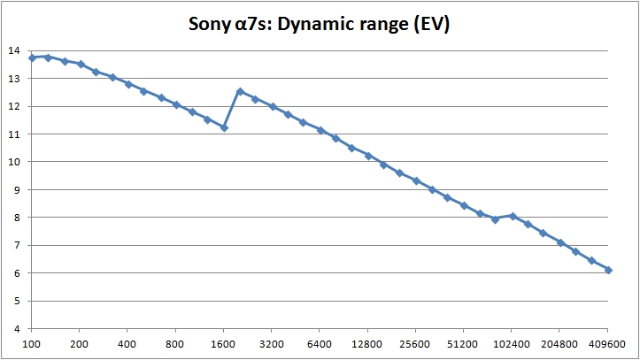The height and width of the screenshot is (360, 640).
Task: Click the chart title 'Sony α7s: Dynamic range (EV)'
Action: pyautogui.click(x=319, y=24)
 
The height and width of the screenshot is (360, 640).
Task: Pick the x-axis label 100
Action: pyautogui.click(x=32, y=345)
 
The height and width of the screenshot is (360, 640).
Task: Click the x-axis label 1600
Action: pyautogui.click(x=224, y=345)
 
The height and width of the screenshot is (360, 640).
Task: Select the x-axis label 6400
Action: pyautogui.click(x=320, y=345)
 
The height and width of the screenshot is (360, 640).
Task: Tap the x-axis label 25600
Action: pyautogui.click(x=416, y=345)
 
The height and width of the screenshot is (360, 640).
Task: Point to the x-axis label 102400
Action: pyautogui.click(x=513, y=345)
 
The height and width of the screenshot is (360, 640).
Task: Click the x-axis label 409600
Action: pyautogui.click(x=608, y=345)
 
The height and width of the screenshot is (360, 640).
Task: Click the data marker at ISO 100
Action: pyautogui.click(x=32, y=57)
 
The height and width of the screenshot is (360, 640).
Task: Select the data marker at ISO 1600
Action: pyautogui.click(x=224, y=127)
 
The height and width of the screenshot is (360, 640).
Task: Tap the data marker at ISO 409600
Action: pyautogui.click(x=608, y=270)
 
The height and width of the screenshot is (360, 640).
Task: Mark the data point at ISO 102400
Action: pyautogui.click(x=513, y=216)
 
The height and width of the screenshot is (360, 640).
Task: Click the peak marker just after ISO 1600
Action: pyautogui.click(x=240, y=91)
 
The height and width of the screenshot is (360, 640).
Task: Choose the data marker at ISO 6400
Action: pyautogui.click(x=320, y=130)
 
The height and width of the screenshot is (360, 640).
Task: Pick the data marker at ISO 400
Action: pyautogui.click(x=127, y=84)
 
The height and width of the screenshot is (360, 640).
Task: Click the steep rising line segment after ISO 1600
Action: pyautogui.click(x=232, y=110)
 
